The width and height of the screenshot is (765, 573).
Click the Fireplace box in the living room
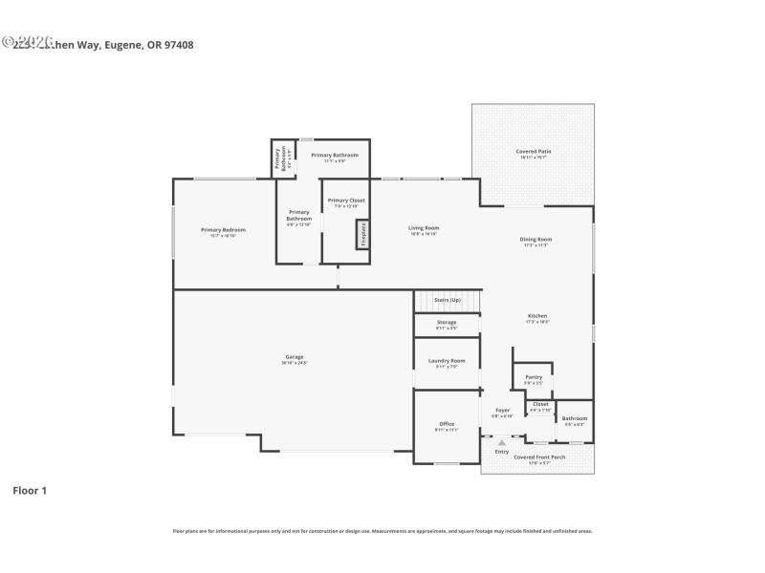[362, 233]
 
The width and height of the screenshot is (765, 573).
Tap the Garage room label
[294, 357]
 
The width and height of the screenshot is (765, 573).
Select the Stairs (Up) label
[448, 301]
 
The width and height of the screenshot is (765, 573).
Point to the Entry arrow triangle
[501, 442]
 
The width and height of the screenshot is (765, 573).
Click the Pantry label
[534, 376]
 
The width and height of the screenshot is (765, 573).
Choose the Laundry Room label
[447, 360]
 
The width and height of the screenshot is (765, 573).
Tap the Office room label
[447, 424]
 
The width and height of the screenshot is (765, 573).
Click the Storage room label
[447, 323]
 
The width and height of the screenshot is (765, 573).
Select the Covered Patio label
[534, 151]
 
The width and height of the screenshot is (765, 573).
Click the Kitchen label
[537, 316]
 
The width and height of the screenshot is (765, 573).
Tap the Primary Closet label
[346, 201]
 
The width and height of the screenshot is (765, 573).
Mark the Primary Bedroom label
[223, 230]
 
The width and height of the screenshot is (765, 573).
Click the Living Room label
[424, 227]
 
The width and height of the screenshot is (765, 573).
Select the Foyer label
[502, 411]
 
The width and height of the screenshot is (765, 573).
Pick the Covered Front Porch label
[539, 457]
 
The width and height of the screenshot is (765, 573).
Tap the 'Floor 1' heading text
[30, 491]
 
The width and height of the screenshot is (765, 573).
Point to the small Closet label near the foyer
[540, 404]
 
